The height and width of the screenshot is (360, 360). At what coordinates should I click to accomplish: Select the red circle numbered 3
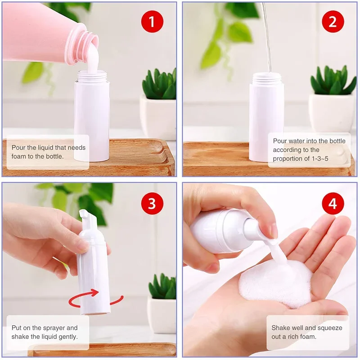152,203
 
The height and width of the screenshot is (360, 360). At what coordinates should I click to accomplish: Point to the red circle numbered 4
333,203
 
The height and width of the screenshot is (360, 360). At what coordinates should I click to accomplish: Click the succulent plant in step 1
160,85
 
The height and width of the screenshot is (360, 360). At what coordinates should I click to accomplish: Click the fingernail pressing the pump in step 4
274,231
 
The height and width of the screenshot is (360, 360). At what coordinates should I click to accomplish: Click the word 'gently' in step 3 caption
66,337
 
